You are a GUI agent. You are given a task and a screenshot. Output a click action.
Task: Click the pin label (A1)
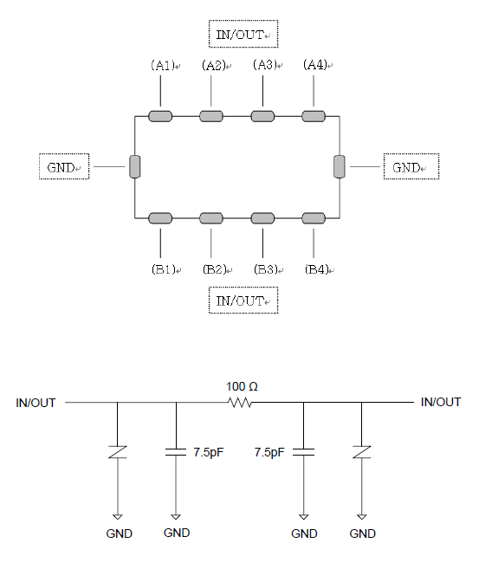click(x=163, y=65)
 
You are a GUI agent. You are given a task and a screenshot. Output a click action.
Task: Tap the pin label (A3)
click(x=265, y=65)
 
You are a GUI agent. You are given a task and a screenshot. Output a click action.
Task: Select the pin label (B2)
click(x=215, y=269)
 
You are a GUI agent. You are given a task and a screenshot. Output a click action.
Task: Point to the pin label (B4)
click(x=317, y=269)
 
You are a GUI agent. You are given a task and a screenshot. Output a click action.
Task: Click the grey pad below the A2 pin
click(x=211, y=117)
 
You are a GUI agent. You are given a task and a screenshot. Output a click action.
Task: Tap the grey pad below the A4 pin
click(x=314, y=117)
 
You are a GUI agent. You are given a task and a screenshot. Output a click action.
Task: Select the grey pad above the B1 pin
click(x=160, y=218)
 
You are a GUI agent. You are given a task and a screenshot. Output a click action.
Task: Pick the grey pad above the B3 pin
click(x=262, y=218)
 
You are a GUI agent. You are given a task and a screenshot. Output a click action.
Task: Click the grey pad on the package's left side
click(x=134, y=166)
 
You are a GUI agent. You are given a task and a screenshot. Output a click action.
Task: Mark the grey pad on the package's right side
click(x=340, y=166)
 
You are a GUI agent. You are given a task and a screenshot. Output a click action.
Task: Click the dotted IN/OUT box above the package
click(x=243, y=34)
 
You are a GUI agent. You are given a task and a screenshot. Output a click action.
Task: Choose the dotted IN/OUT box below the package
click(x=243, y=301)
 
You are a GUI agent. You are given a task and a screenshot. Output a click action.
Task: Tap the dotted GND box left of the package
click(x=64, y=166)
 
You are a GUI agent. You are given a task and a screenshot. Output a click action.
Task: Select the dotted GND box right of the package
click(x=411, y=166)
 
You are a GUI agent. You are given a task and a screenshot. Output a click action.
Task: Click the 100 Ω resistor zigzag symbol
click(x=239, y=403)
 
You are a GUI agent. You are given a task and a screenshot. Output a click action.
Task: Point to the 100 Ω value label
click(x=242, y=387)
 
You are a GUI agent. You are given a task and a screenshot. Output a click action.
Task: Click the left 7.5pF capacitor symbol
click(x=176, y=452)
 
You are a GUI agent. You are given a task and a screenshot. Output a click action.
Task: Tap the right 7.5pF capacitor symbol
click(x=304, y=452)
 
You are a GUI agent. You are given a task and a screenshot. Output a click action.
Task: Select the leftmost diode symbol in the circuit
click(x=117, y=452)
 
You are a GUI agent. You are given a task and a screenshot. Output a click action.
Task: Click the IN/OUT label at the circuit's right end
click(x=441, y=402)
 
